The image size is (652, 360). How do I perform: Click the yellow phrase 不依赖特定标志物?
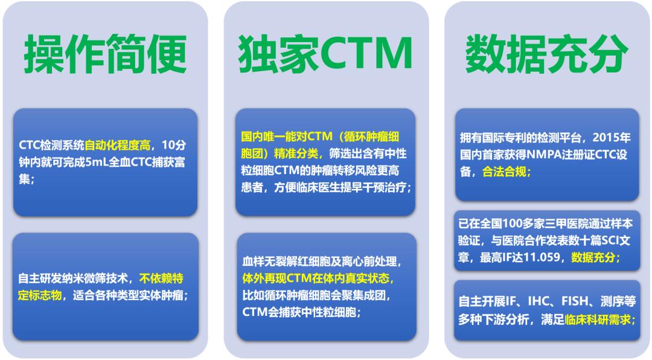click(x=162, y=278)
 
